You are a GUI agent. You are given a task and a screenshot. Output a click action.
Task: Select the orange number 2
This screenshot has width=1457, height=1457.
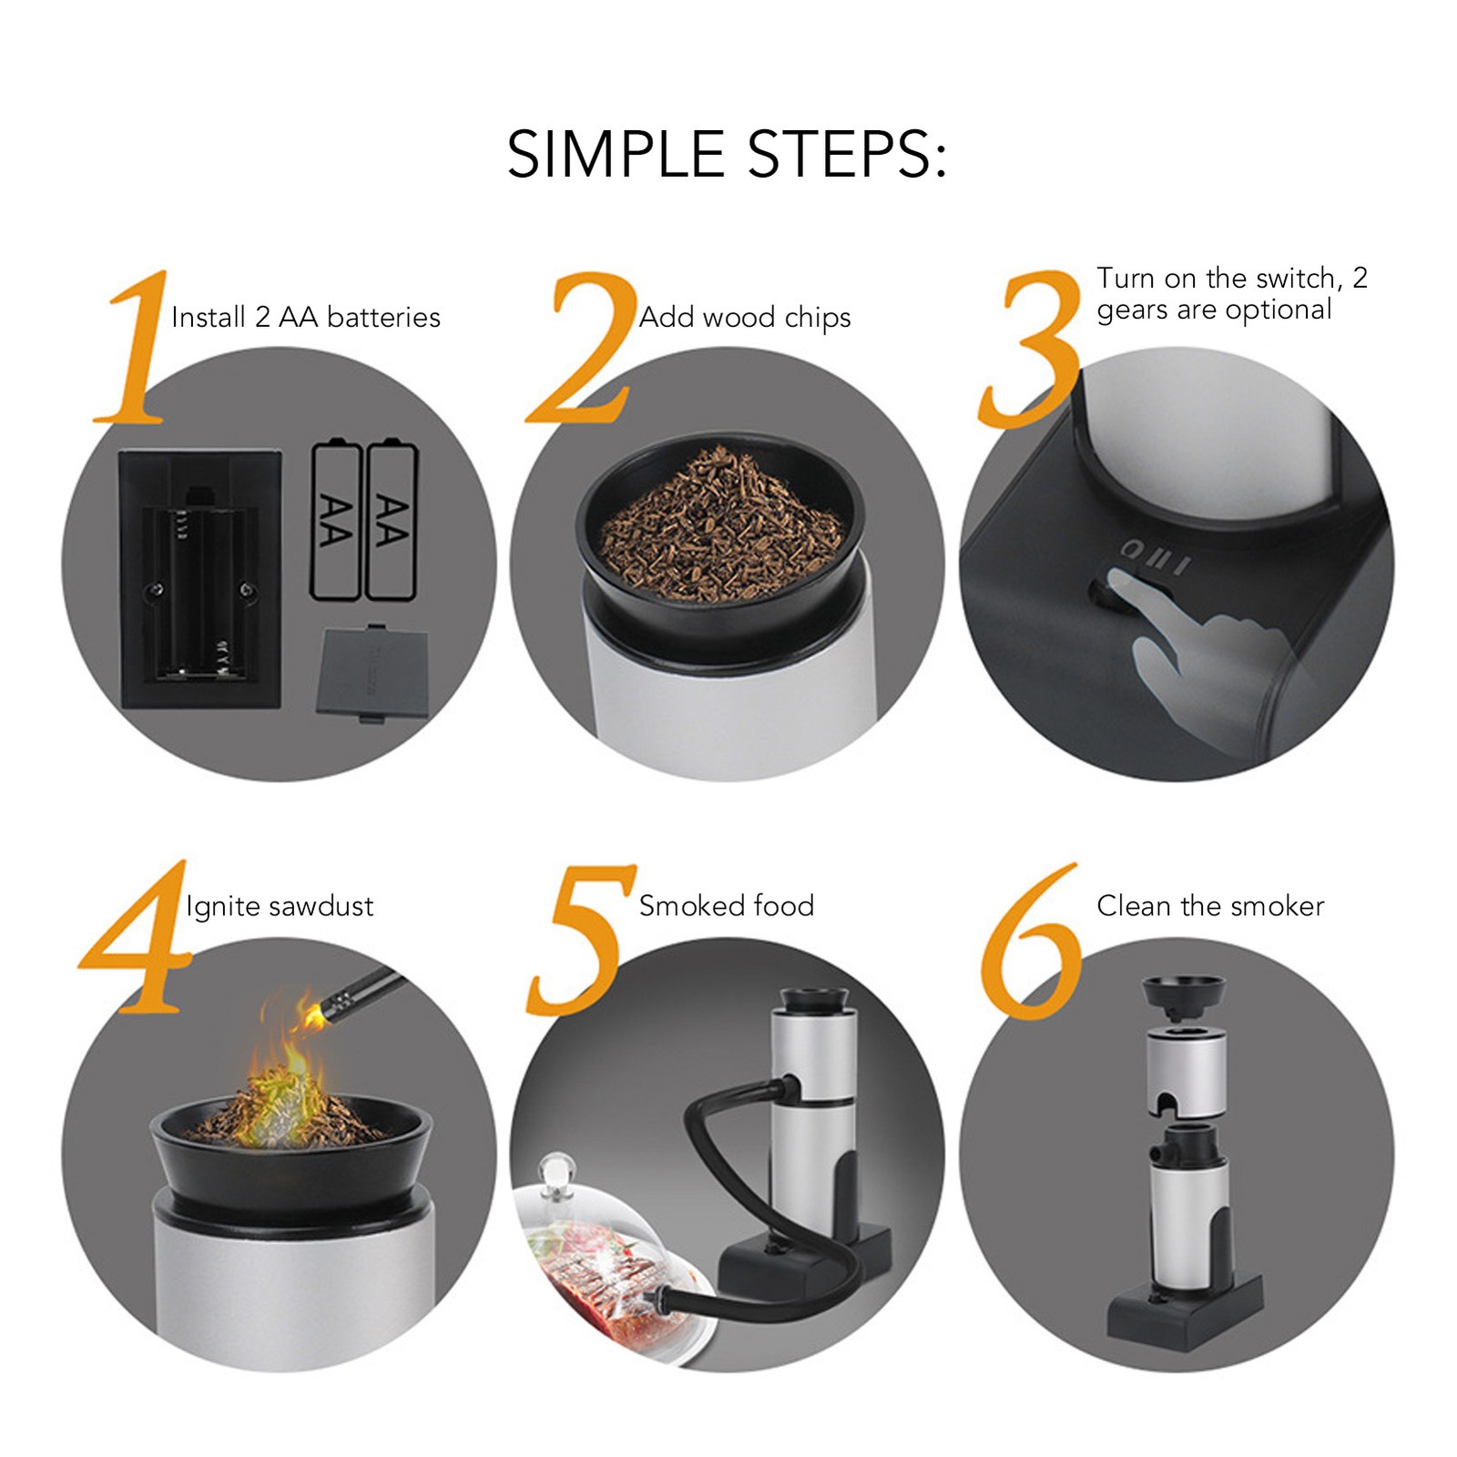tap(583, 347)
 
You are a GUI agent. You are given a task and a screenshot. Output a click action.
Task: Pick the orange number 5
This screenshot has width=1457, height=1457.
tap(581, 940)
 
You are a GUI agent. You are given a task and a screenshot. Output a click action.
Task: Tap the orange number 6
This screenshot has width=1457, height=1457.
tap(1033, 942)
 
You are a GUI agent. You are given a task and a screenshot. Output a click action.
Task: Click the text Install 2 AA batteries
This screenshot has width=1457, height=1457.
tap(306, 317)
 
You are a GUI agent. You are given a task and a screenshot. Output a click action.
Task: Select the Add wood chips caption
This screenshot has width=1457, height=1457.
tap(745, 318)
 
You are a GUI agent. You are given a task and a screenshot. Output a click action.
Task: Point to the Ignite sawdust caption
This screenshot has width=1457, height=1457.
tap(280, 906)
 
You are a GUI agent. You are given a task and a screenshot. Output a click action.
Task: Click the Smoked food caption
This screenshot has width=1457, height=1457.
tap(727, 905)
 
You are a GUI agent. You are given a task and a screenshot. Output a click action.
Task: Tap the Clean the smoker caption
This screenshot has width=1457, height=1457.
tap(1210, 906)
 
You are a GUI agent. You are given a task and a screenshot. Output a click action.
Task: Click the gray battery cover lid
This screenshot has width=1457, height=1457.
tap(372, 672)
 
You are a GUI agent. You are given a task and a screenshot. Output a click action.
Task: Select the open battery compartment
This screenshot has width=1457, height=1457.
tap(200, 579)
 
